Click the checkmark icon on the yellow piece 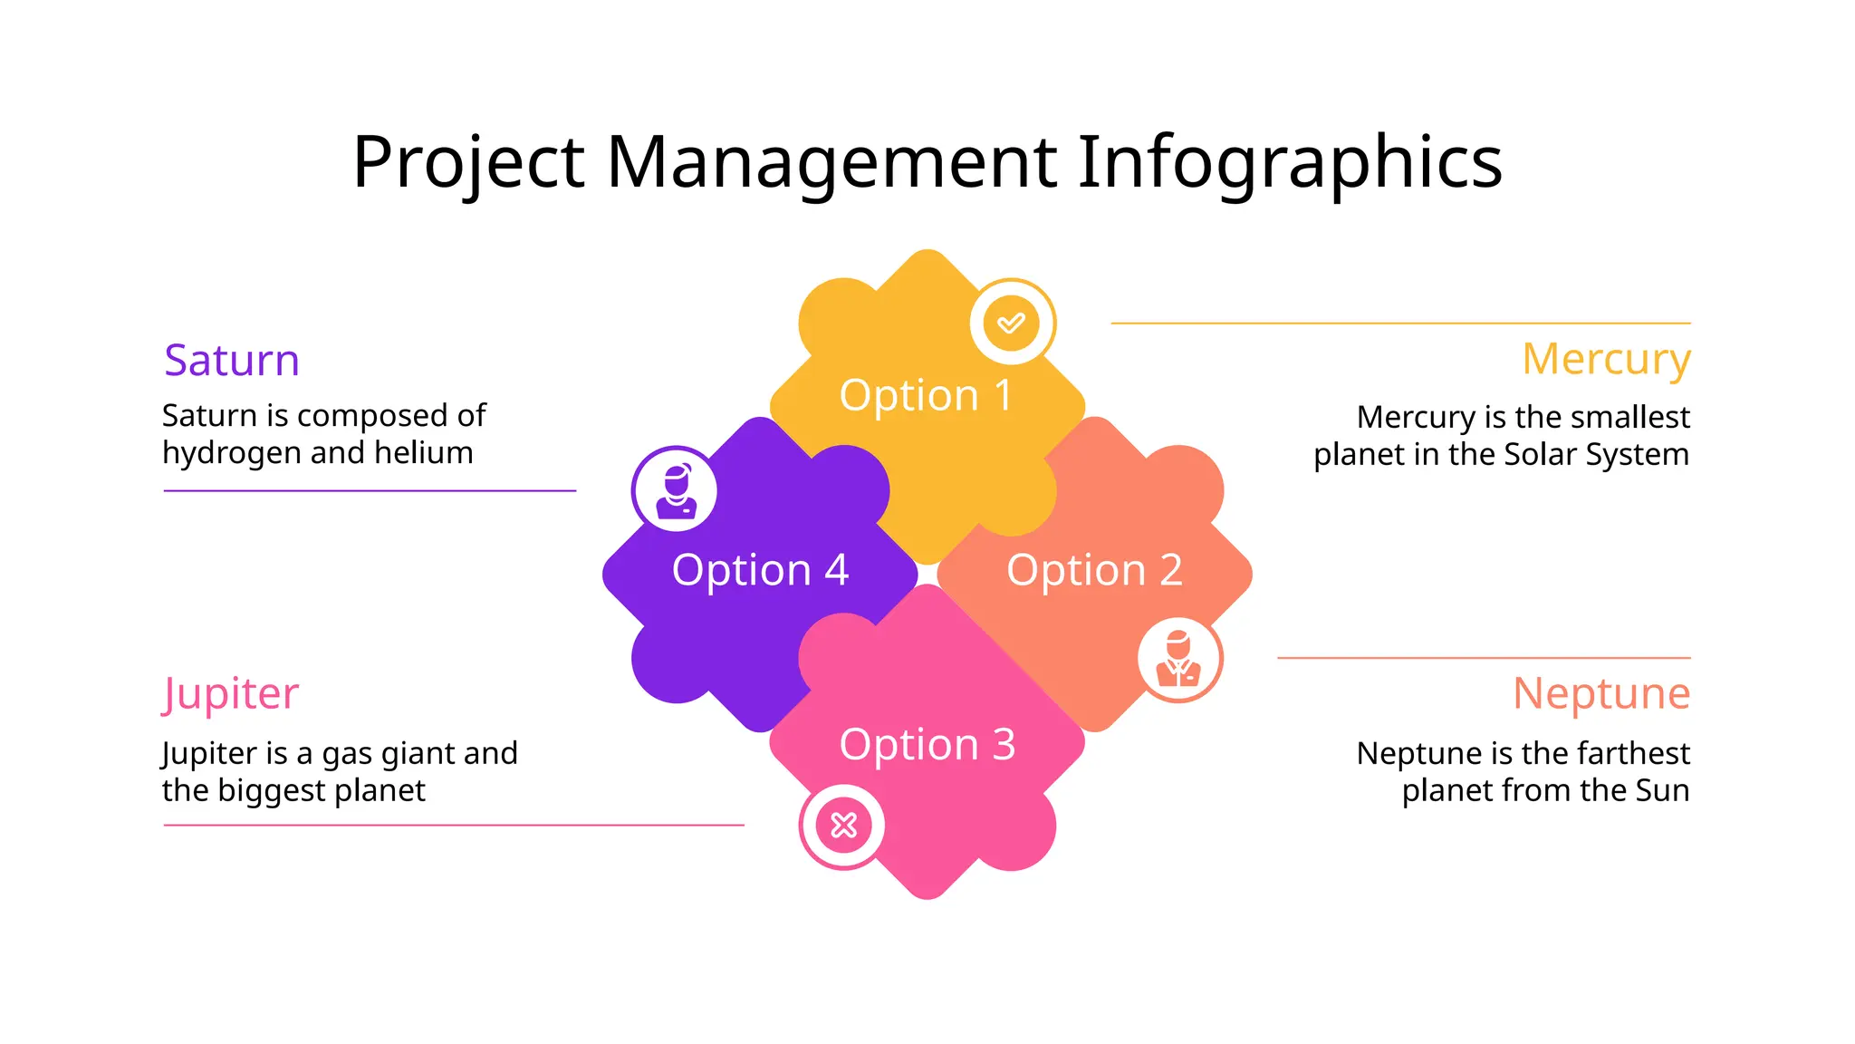point(1012,323)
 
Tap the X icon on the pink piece point(843,826)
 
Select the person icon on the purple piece point(675,490)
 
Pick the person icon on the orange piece point(1178,659)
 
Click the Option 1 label point(926,396)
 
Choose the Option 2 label point(1094,571)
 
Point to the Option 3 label point(927,745)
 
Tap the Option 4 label point(760,571)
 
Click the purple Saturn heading point(232,361)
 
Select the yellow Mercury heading point(1606,360)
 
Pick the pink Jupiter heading point(230,695)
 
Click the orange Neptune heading point(1601,694)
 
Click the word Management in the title point(831,162)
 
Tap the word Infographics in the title point(1290,162)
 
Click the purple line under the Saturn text point(370,491)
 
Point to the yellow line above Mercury point(1400,323)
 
